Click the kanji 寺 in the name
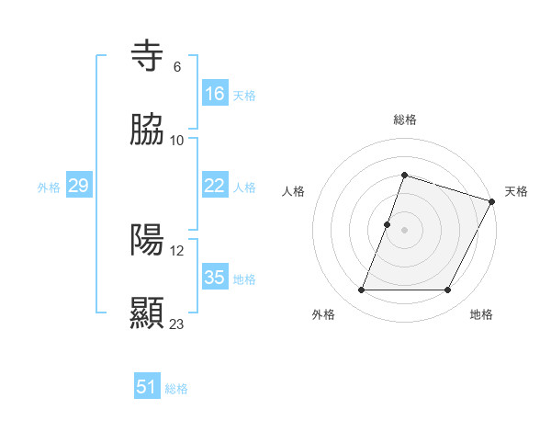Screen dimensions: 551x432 click(148, 56)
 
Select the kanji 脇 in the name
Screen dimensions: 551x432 click(148, 131)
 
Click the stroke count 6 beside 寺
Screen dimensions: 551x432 click(177, 66)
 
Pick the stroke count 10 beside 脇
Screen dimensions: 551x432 click(177, 140)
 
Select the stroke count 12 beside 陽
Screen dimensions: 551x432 click(177, 250)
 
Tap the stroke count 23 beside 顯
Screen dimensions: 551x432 click(177, 324)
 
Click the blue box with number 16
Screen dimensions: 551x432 click(215, 94)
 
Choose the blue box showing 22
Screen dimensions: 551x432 click(215, 186)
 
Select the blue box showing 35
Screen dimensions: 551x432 click(215, 278)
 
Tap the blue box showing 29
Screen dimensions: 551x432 click(78, 186)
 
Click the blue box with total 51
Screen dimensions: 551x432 click(147, 387)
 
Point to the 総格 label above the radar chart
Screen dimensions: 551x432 click(405, 119)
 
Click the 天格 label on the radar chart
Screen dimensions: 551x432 click(516, 191)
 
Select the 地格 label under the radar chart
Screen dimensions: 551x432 click(481, 314)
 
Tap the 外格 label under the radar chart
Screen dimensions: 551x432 click(323, 314)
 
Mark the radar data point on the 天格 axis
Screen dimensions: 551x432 click(493, 201)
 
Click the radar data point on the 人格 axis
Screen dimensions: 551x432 click(388, 224)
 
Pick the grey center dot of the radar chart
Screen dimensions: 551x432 click(405, 230)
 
